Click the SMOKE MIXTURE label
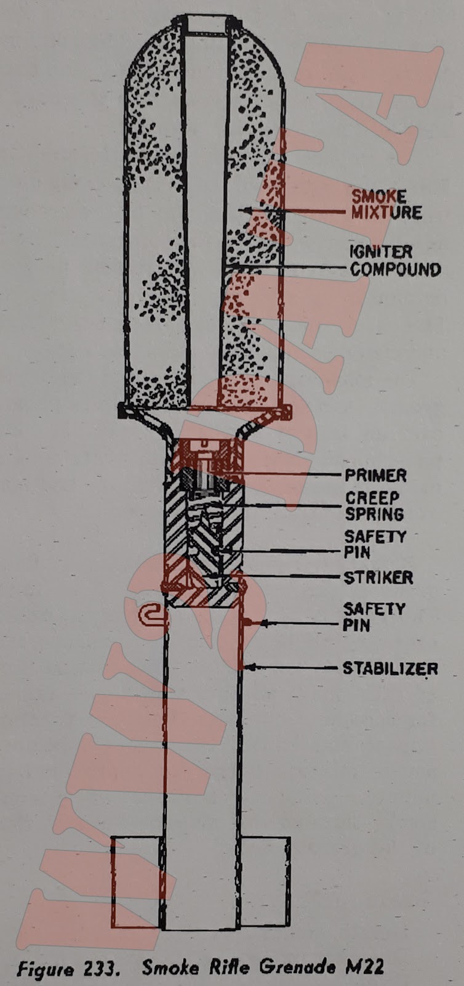[386, 205]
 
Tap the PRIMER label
[375, 475]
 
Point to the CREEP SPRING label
[374, 505]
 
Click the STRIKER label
[378, 577]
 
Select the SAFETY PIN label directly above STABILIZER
[374, 617]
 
